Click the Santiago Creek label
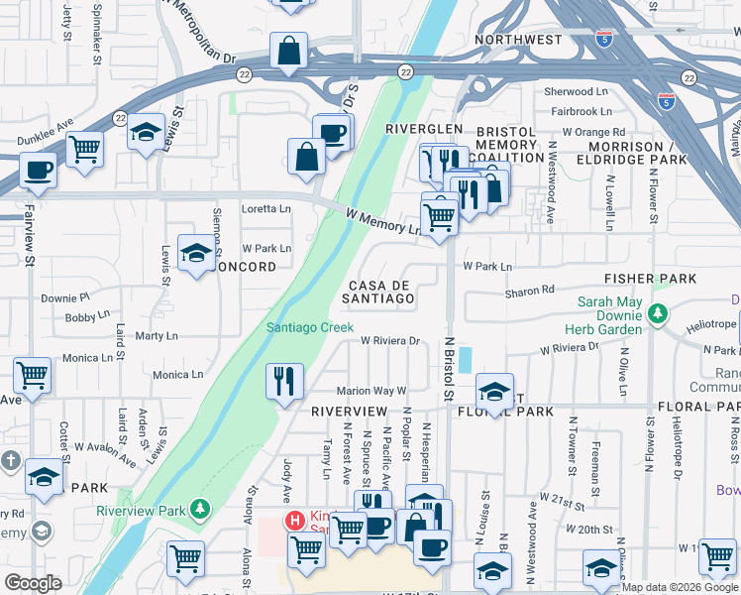point(309,328)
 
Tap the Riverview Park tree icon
point(201,509)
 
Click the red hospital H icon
point(294,520)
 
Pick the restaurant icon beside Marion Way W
point(283,381)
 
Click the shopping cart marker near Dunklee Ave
point(84,150)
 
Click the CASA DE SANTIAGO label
point(378,292)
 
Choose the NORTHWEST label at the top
point(518,40)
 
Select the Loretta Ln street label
point(266,209)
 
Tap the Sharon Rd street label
point(529,291)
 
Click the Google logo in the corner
point(33,583)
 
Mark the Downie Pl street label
point(64,297)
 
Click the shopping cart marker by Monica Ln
point(33,376)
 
